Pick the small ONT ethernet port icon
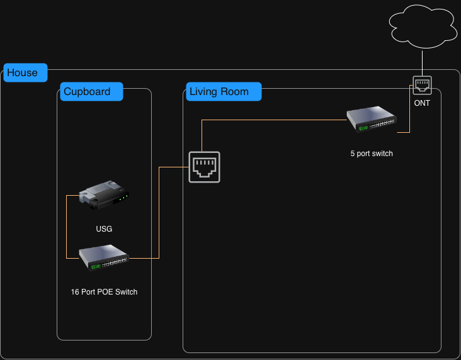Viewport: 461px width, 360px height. click(422, 84)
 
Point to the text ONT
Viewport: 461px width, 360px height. click(422, 103)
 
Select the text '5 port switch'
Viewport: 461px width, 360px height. click(372, 154)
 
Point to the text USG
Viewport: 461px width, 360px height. click(104, 229)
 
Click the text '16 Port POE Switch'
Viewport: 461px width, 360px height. click(104, 292)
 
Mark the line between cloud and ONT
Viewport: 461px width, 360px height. click(422, 62)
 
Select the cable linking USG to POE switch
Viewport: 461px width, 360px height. click(67, 227)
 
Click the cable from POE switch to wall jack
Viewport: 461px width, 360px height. click(159, 214)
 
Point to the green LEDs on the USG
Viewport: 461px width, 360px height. click(123, 197)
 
